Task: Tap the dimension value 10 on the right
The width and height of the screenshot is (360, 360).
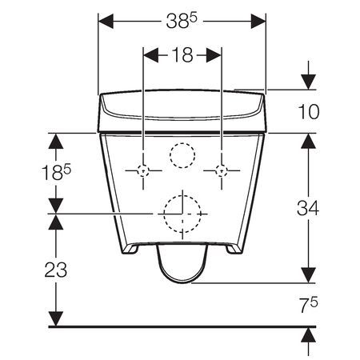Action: (x=308, y=112)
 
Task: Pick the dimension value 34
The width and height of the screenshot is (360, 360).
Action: (x=308, y=209)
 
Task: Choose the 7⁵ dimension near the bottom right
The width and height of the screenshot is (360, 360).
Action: (x=308, y=305)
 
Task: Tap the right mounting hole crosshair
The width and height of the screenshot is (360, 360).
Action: (x=221, y=170)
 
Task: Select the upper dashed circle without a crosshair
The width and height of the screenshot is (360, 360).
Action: (x=182, y=155)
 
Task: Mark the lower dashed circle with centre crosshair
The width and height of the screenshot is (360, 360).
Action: (x=182, y=213)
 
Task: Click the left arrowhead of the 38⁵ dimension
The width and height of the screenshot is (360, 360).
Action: (x=102, y=23)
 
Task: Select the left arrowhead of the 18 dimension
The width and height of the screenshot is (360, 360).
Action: (x=147, y=55)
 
